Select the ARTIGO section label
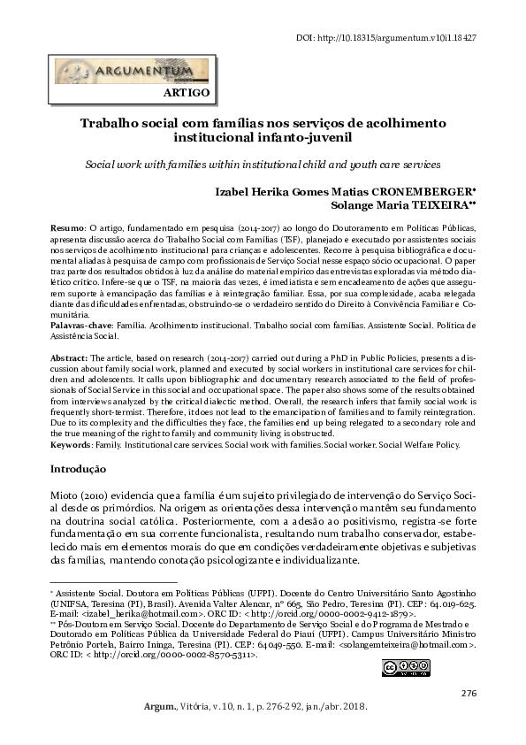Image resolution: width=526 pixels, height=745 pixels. click(x=187, y=92)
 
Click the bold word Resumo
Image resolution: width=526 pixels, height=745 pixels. click(x=66, y=229)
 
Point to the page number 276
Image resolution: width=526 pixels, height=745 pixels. click(x=469, y=692)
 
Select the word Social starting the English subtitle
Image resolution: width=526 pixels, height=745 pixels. click(x=100, y=165)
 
